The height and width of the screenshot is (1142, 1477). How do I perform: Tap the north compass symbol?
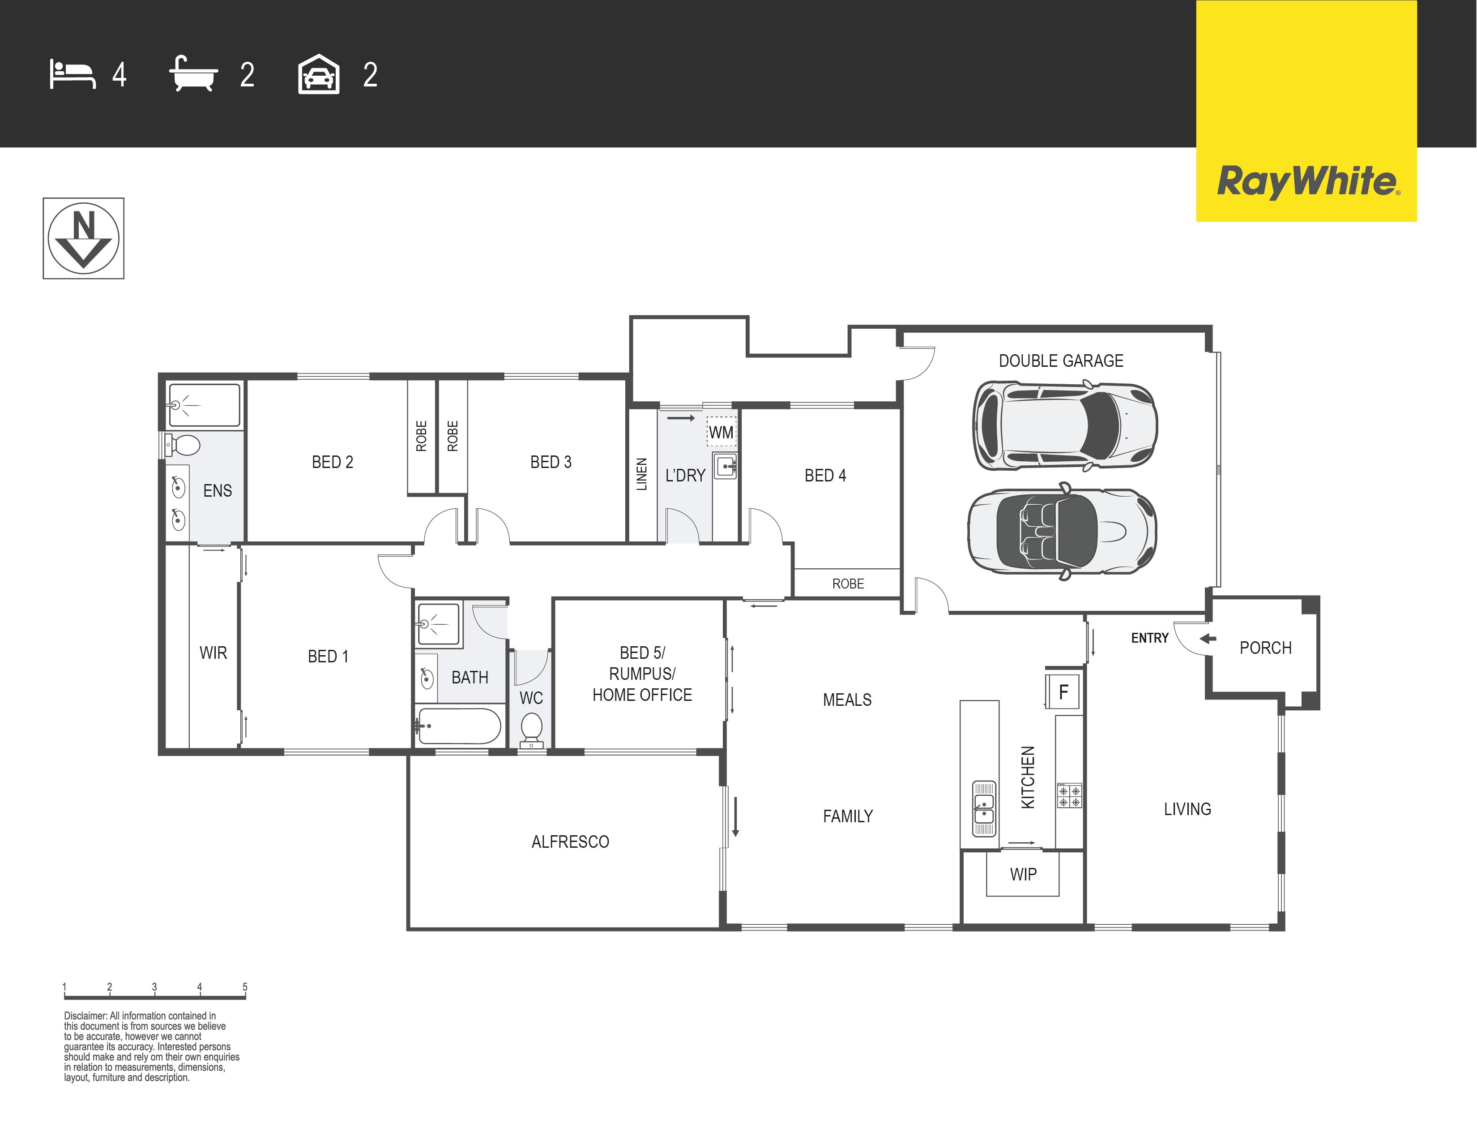(83, 238)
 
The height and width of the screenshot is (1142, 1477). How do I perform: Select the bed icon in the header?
(73, 74)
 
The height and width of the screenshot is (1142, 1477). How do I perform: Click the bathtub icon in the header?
(193, 74)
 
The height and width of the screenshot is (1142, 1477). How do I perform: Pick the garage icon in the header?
(319, 74)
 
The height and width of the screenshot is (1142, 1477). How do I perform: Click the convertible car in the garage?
(1062, 531)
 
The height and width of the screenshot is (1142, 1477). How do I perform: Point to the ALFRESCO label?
(570, 841)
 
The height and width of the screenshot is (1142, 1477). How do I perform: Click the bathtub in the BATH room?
(459, 726)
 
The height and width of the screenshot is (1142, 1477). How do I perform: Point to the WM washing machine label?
(721, 432)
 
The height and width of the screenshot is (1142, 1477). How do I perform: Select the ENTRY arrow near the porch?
(1207, 639)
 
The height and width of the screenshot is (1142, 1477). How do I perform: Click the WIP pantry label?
(1023, 874)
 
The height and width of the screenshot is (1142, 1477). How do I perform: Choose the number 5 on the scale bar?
(245, 987)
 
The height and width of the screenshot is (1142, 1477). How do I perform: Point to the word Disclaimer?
(85, 1016)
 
